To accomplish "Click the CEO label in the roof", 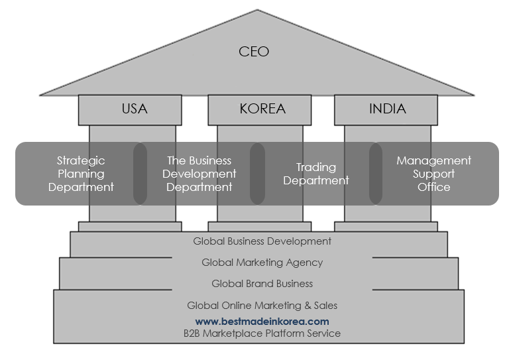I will tap(254, 51).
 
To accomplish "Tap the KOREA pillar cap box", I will tap(262, 109).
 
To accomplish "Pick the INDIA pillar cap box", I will tap(387, 109).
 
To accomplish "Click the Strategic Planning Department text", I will tap(81, 174).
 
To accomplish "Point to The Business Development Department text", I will tap(199, 174).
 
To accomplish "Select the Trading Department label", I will tap(316, 174).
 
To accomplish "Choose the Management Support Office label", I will tap(433, 174).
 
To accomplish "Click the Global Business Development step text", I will tap(262, 241).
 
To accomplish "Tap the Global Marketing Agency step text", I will tap(262, 263).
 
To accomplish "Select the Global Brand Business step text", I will tap(262, 284).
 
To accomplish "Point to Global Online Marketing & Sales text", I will tap(262, 306).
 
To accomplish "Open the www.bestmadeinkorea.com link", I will tap(262, 321).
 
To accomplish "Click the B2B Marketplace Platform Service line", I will tap(262, 333).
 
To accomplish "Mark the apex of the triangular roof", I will tap(257, 10).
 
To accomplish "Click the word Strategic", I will tap(81, 160).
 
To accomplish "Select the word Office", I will tap(433, 187).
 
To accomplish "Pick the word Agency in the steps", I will tap(302, 263).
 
